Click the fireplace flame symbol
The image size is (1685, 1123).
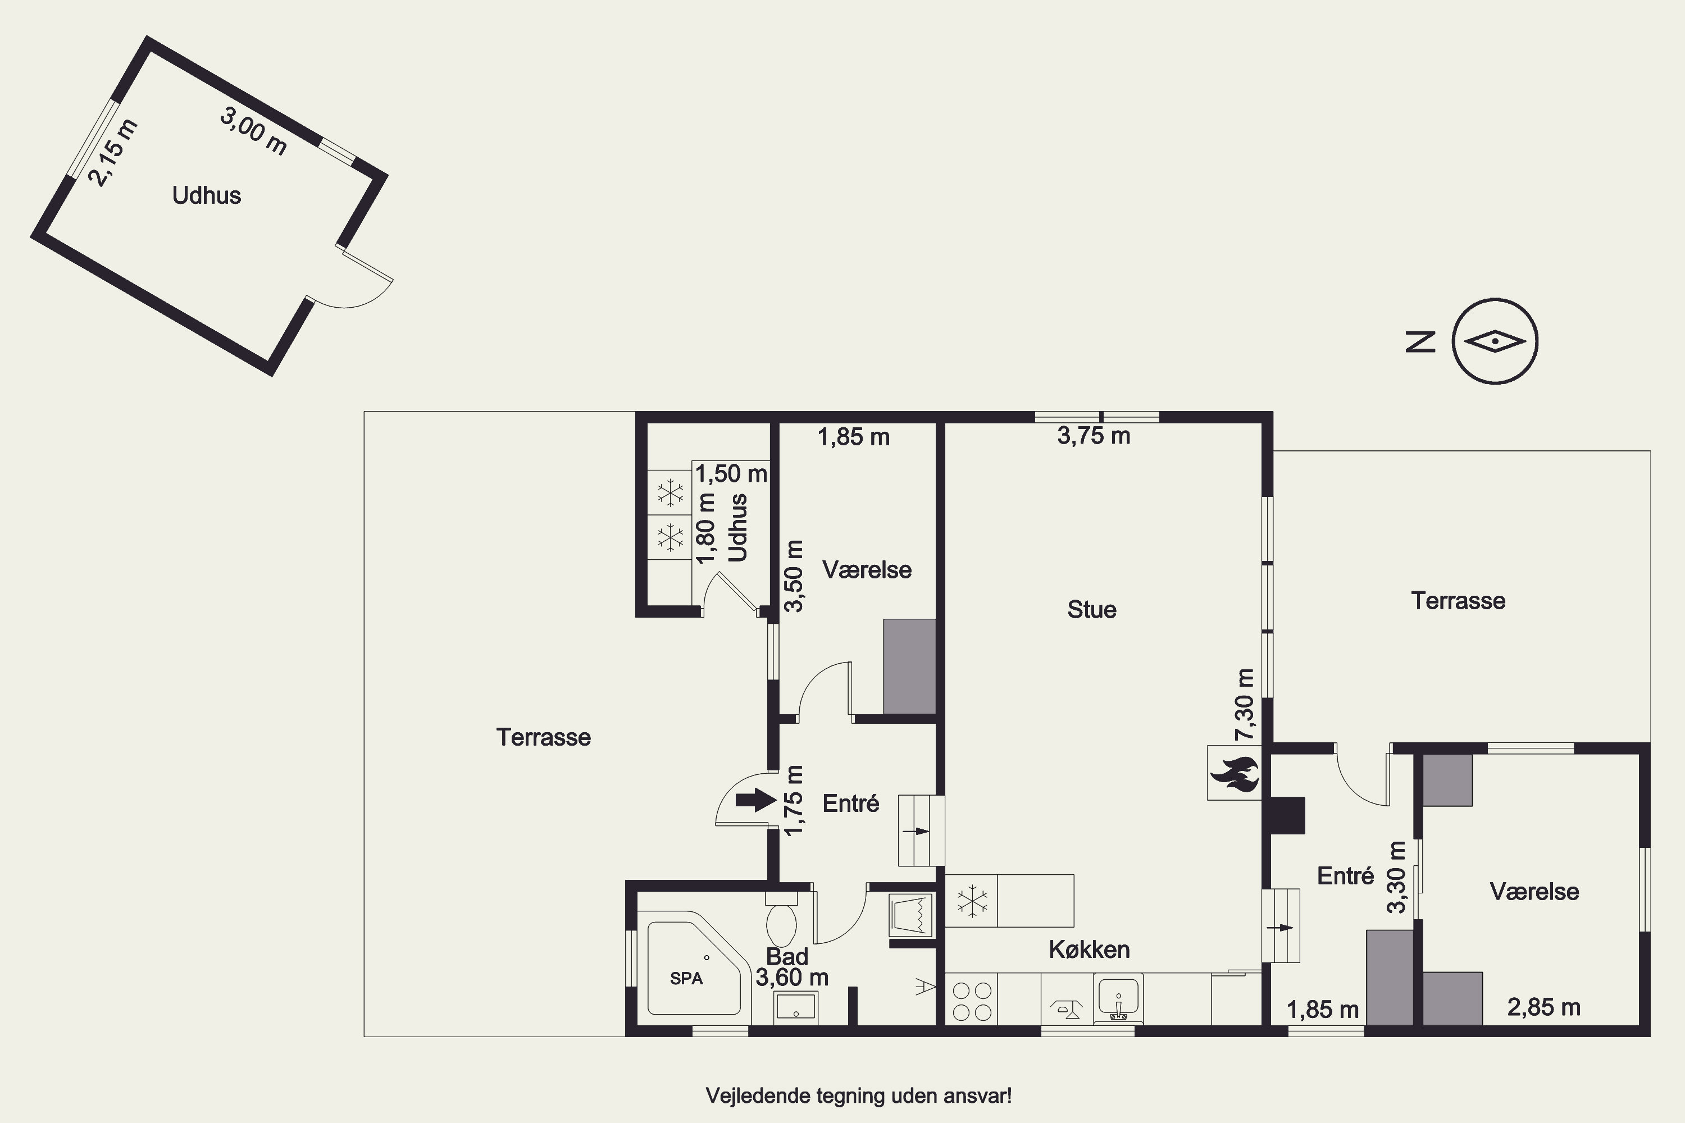pos(1233,774)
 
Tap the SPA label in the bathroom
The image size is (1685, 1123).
pos(686,978)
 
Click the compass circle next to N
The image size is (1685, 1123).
pos(1495,341)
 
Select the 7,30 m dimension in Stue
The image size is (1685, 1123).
pos(1245,705)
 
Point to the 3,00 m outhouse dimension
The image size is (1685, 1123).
pos(254,131)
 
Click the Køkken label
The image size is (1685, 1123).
pos(1089,949)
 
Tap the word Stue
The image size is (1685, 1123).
pos(1092,609)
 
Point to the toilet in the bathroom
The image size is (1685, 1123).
pos(782,919)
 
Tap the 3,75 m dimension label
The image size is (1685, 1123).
pos(1094,436)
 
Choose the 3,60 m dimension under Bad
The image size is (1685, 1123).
pos(793,977)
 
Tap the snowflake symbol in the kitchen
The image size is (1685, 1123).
pos(972,901)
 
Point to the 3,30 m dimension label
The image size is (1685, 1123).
pos(1397,877)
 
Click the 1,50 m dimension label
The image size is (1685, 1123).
pos(731,473)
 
